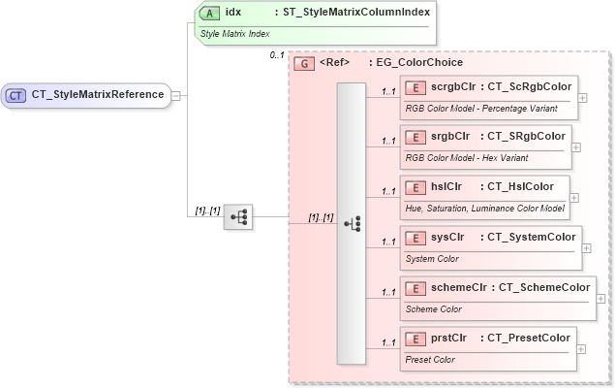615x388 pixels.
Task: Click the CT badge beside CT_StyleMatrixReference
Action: coord(16,95)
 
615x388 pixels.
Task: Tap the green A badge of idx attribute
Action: coord(208,14)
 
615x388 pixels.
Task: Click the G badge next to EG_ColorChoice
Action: coord(304,63)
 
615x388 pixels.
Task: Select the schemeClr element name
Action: coord(460,288)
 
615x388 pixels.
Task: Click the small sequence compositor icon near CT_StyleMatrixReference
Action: coord(237,218)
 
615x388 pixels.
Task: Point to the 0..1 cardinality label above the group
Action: coord(278,55)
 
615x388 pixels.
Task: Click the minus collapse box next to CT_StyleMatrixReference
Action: coord(176,95)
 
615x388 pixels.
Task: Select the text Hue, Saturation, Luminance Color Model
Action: coord(483,209)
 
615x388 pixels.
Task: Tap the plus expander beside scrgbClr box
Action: coord(582,97)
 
